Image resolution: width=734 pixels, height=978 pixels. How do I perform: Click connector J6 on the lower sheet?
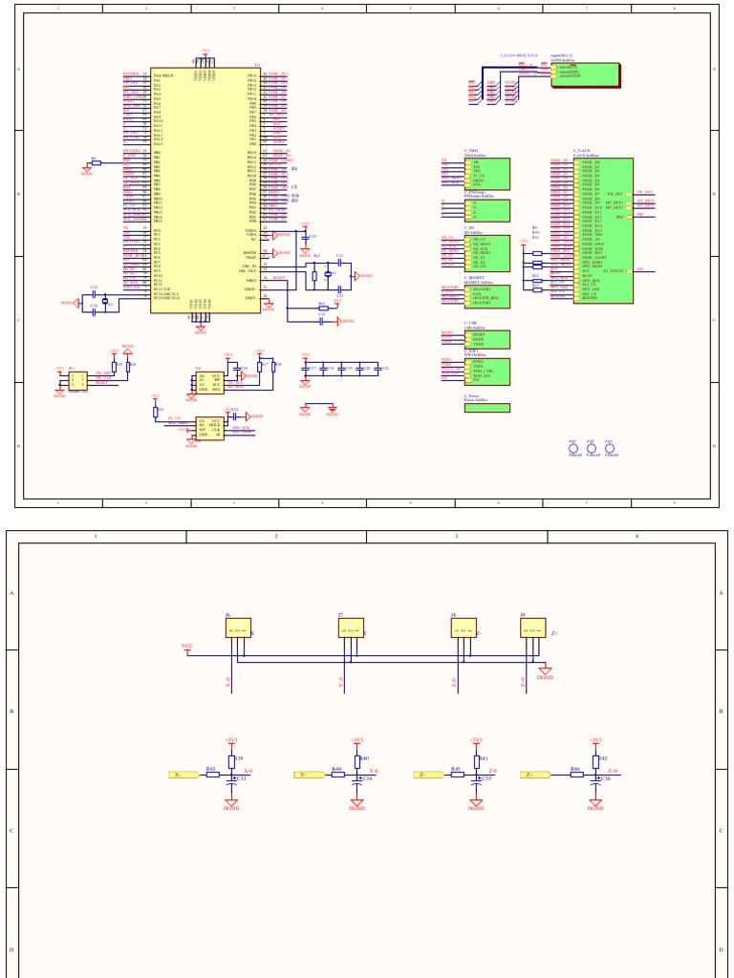pos(238,628)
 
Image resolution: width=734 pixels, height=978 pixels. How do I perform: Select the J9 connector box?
pos(532,628)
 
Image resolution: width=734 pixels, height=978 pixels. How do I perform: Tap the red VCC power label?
pos(187,647)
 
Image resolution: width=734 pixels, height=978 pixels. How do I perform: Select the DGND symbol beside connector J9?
pos(545,672)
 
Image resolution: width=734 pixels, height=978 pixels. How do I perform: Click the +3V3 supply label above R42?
pos(595,739)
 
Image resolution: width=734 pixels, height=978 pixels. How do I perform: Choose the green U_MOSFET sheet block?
pos(486,296)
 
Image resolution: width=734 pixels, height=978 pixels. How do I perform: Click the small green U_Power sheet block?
pos(486,408)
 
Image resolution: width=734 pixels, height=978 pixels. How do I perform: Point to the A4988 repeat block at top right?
pos(585,74)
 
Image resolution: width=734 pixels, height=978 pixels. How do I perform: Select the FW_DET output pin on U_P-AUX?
pos(615,194)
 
